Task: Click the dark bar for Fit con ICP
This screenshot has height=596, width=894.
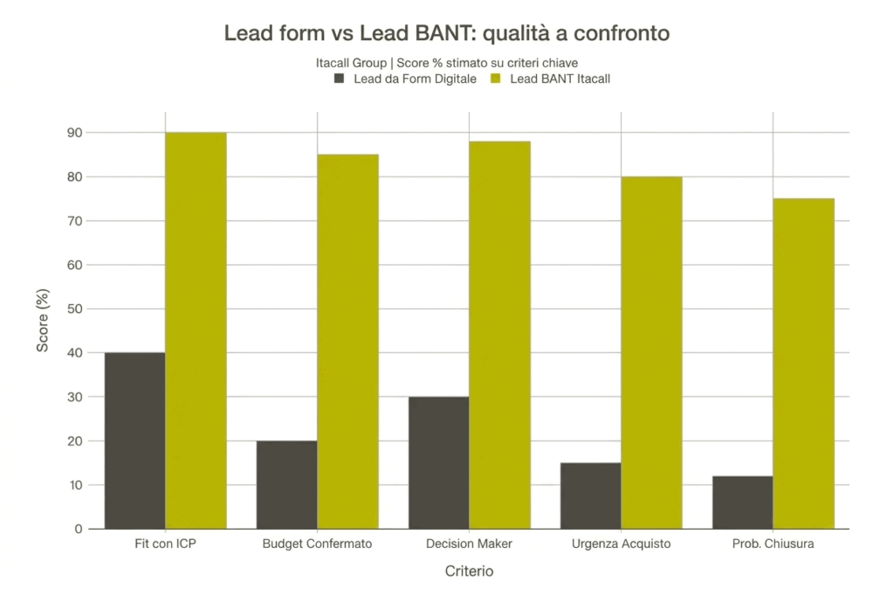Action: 134,440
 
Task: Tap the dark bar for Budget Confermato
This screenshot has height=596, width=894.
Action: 286,484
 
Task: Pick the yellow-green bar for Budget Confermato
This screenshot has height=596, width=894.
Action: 347,342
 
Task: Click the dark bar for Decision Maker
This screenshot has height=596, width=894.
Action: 438,462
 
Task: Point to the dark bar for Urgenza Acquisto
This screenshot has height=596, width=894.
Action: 590,496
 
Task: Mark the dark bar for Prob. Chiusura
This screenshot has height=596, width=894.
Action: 742,502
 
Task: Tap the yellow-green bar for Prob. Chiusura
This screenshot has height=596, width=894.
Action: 803,364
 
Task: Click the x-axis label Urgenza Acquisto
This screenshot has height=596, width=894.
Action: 621,544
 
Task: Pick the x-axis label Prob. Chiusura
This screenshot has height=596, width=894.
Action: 773,544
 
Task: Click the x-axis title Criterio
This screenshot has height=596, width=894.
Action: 469,572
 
